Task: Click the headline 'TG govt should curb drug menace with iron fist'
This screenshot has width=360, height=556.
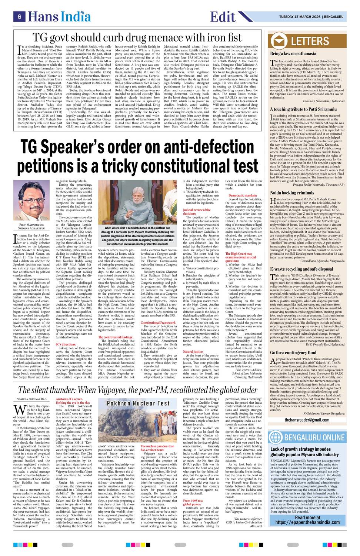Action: pyautogui.click(x=137, y=37)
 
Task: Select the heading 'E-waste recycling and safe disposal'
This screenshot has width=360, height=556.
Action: pyautogui.click(x=301, y=258)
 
